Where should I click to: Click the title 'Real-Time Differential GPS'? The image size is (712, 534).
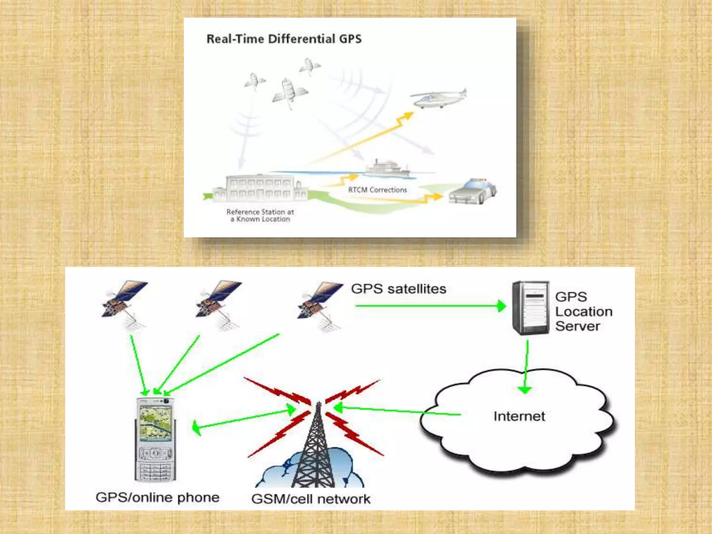point(284,39)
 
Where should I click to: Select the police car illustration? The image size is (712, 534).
point(472,192)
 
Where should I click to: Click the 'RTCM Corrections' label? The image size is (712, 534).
point(378,190)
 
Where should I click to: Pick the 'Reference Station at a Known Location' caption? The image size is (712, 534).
point(260,216)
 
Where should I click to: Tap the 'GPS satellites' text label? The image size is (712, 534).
point(398,289)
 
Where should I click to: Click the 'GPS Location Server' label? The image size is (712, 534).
point(583,311)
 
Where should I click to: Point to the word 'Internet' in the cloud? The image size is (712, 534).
point(519,416)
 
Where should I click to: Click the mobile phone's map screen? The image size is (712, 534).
point(155,422)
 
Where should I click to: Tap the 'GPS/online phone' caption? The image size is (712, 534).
point(157,497)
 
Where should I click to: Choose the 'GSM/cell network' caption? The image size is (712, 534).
point(311,499)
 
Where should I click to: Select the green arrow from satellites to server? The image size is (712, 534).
point(430,306)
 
